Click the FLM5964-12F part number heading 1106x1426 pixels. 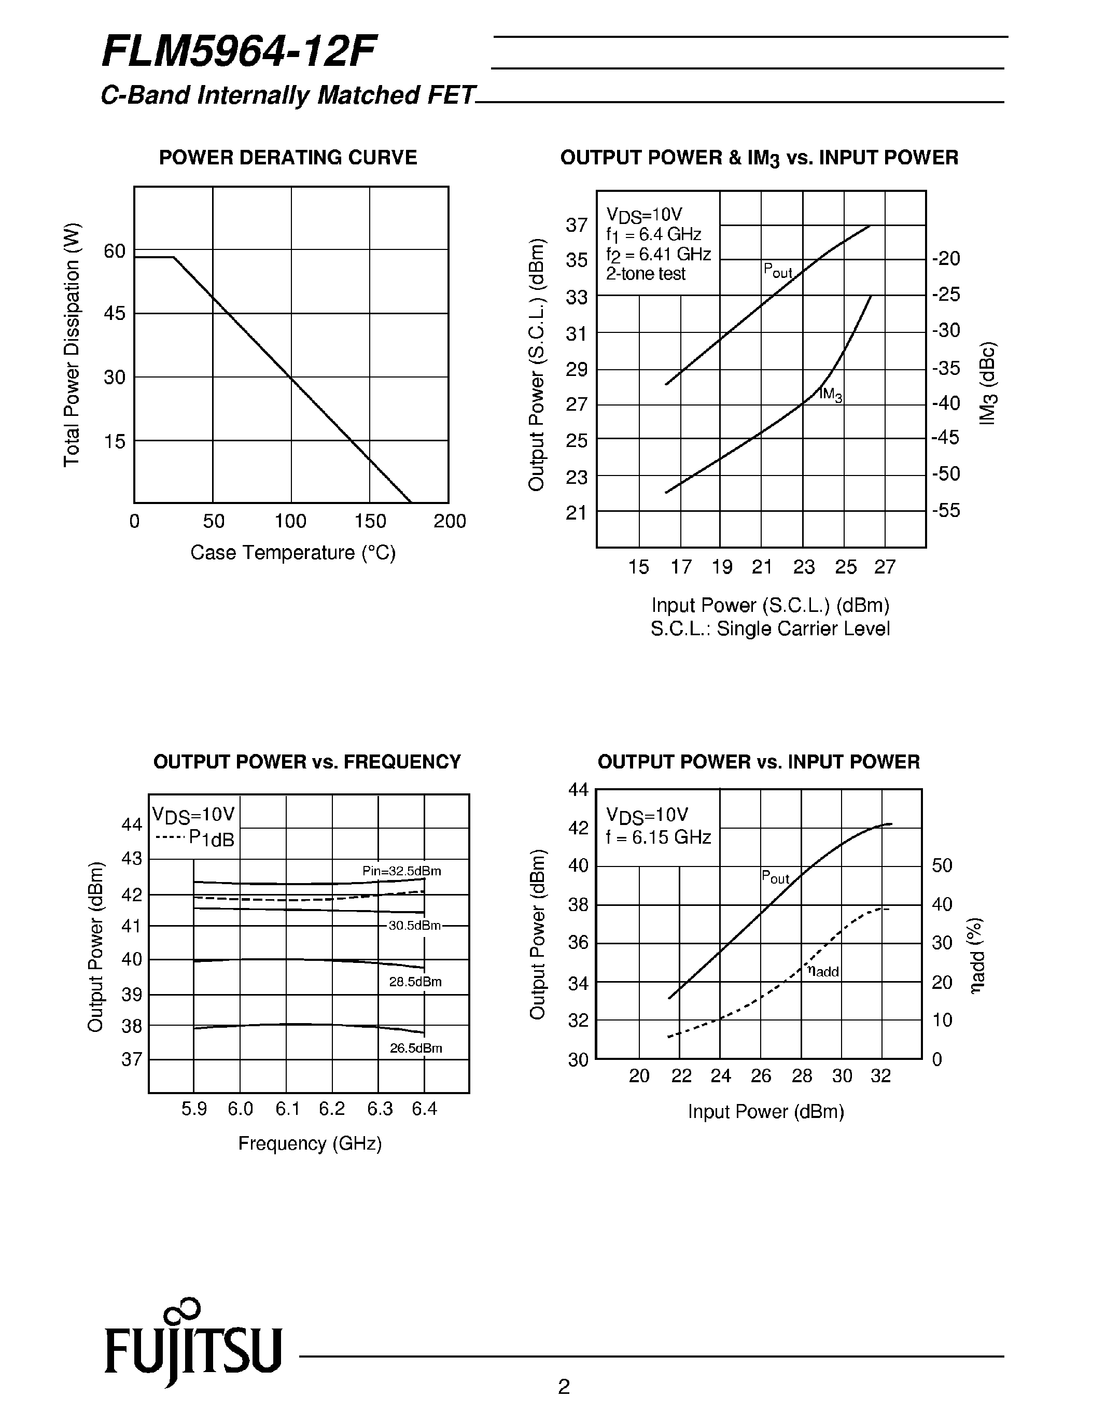pyautogui.click(x=239, y=53)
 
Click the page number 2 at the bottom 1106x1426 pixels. pyautogui.click(x=564, y=1385)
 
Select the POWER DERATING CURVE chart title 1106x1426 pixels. pyautogui.click(x=288, y=158)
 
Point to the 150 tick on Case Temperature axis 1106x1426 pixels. pyautogui.click(x=370, y=521)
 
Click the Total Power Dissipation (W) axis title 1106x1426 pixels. pyautogui.click(x=72, y=345)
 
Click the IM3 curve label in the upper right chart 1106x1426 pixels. pyautogui.click(x=831, y=395)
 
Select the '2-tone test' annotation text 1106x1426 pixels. pyautogui.click(x=645, y=274)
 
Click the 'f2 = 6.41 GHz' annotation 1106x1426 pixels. pyautogui.click(x=658, y=254)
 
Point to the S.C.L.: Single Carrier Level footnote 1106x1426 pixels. pyautogui.click(x=771, y=629)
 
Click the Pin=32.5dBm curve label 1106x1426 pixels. pyautogui.click(x=401, y=871)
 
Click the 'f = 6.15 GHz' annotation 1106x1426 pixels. pyautogui.click(x=658, y=837)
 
